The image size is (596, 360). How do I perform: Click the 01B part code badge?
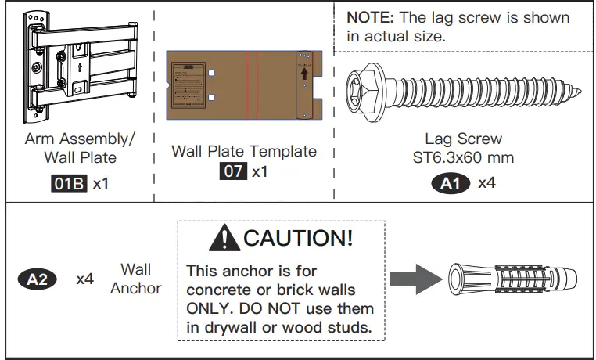[x=68, y=185]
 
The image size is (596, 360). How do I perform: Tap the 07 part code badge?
[x=233, y=171]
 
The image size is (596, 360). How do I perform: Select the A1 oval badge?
[x=451, y=184]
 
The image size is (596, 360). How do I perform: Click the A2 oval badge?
[x=36, y=279]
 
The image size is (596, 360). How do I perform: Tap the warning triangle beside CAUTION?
[x=227, y=237]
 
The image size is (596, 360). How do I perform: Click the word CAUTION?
[x=298, y=238]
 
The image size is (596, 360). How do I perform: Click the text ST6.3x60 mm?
[x=463, y=157]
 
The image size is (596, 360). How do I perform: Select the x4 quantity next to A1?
[x=487, y=184]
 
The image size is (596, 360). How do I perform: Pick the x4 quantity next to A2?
[x=85, y=279]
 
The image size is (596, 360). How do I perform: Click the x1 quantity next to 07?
[x=259, y=171]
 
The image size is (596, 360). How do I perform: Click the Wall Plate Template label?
[x=244, y=151]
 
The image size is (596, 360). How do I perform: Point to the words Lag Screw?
[x=463, y=139]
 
